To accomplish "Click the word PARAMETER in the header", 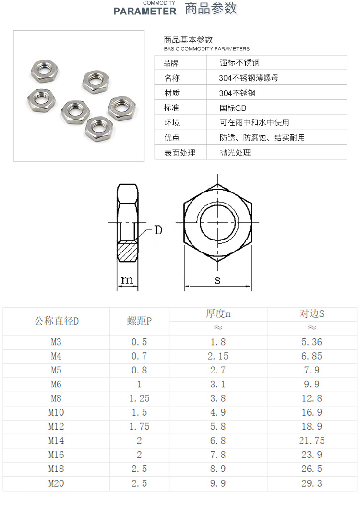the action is tap(144, 11).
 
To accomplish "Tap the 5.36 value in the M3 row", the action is tap(312, 342).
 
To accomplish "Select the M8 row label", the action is tap(56, 398).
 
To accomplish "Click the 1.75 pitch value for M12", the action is tap(139, 426).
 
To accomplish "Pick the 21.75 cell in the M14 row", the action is tap(312, 441).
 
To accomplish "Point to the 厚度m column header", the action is tap(218, 313).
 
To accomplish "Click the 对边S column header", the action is tap(312, 313).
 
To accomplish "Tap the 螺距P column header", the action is tap(139, 321).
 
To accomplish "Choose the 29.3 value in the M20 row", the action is tap(312, 483).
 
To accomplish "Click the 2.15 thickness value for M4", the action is tap(218, 356).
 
